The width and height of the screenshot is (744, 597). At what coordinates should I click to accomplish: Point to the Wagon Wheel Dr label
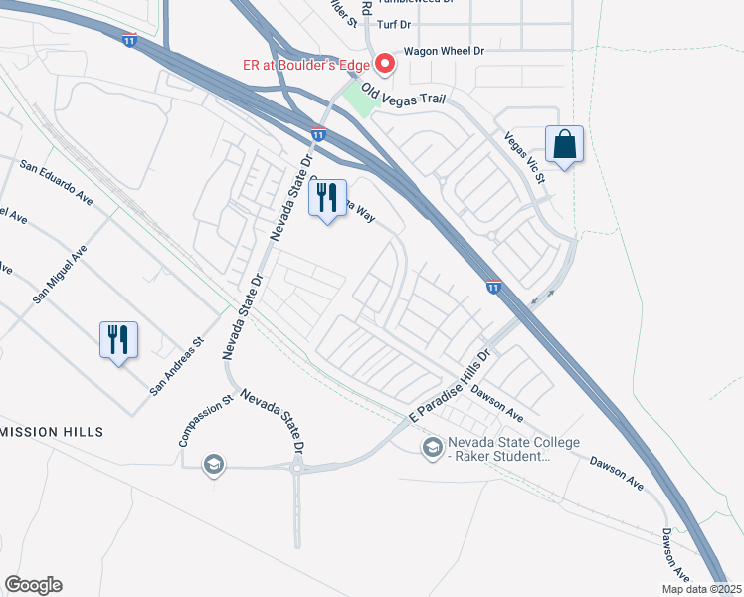click(443, 51)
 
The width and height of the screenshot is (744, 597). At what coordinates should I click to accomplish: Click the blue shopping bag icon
click(564, 143)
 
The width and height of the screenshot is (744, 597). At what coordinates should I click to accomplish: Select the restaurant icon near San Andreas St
click(118, 339)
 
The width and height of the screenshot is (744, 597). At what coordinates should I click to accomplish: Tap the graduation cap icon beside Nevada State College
click(432, 449)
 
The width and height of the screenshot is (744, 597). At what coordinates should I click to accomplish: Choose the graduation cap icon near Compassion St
click(212, 464)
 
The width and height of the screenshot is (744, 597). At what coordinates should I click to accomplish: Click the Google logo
click(33, 585)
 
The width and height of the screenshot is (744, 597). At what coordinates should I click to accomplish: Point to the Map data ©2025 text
click(699, 589)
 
